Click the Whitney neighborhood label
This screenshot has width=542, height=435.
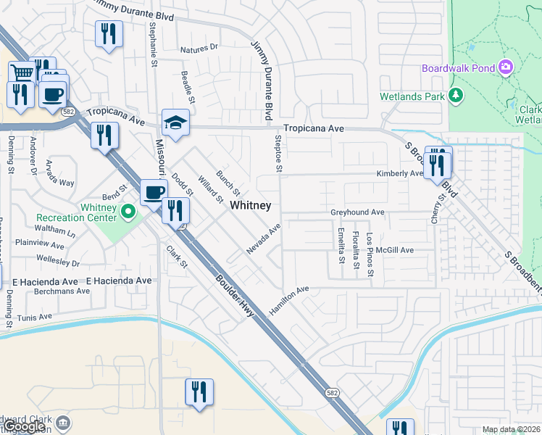251,206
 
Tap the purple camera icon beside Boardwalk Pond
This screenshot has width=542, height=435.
506,69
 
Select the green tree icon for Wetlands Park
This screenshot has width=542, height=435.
456,96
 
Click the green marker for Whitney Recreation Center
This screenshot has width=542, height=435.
128,212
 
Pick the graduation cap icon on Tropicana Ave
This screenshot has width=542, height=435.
175,123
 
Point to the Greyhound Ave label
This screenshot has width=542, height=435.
357,212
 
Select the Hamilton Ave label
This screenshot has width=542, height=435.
289,297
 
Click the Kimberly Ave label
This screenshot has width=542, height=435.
399,174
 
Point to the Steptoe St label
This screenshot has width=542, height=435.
277,153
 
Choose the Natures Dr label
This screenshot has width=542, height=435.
199,48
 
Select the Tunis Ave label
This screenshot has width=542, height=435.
36,317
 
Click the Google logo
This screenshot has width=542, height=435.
25,426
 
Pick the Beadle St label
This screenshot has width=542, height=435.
188,86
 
